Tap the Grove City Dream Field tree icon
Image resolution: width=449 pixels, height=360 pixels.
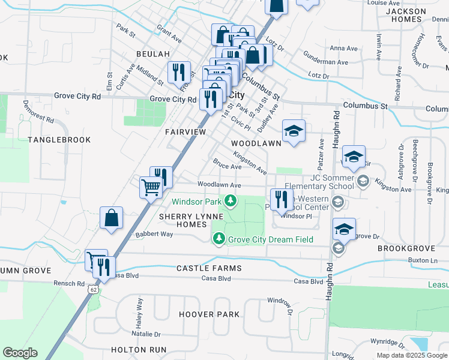click(x=219, y=239)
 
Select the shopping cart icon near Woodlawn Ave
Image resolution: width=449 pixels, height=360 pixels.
click(x=151, y=187)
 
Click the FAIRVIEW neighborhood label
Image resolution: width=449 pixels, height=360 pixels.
click(x=185, y=131)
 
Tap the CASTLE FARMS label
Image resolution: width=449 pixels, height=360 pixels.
click(x=208, y=268)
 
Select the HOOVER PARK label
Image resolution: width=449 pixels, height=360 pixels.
click(x=209, y=314)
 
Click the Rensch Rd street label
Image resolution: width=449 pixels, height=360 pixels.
click(x=66, y=283)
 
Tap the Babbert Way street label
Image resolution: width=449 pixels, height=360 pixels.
click(x=154, y=234)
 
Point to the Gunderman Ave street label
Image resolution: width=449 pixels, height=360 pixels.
click(x=327, y=62)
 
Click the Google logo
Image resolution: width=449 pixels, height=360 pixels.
click(x=20, y=353)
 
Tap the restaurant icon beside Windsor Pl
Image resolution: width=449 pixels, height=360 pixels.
click(x=281, y=200)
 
